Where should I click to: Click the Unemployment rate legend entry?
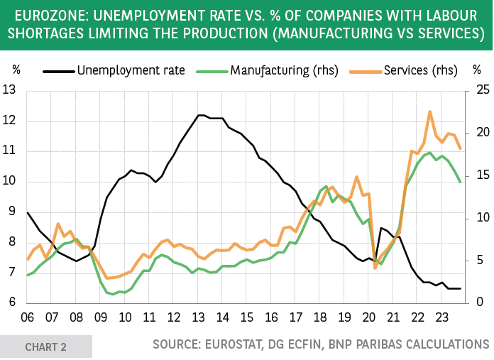[x=131, y=70]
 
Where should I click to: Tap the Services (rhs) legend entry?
[x=420, y=70]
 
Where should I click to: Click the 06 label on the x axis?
[x=28, y=317]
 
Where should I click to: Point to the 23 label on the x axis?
[x=441, y=317]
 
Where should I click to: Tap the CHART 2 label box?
[x=46, y=347]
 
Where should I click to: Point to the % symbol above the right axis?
[x=477, y=70]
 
